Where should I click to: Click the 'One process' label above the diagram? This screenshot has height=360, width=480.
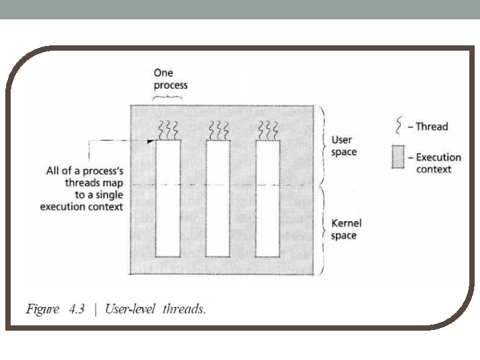[x=171, y=79]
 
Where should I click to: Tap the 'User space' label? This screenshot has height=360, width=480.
[x=343, y=146]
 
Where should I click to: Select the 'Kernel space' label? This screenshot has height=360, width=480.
[x=346, y=229]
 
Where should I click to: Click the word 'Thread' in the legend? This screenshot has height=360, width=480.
[x=431, y=126]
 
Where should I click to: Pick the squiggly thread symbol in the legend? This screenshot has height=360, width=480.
[x=399, y=125]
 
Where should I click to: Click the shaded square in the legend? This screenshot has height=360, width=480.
[x=399, y=159]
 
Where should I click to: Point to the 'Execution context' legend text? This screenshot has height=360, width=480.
[x=438, y=163]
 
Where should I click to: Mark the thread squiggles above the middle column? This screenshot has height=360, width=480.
[x=218, y=128]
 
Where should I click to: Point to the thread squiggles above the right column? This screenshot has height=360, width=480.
[x=268, y=128]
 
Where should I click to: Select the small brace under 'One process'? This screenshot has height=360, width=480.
[x=168, y=98]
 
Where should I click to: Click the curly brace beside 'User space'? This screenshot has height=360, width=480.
[x=323, y=145]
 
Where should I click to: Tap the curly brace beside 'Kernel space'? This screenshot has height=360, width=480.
[x=323, y=230]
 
